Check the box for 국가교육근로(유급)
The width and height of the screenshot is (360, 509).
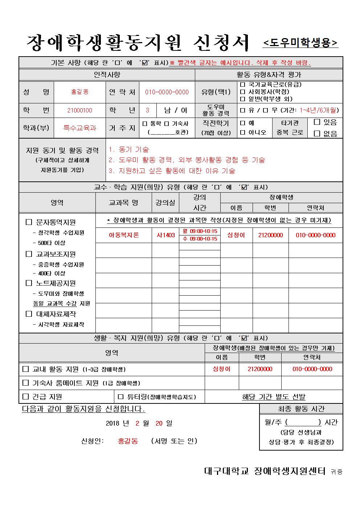tap(243, 85)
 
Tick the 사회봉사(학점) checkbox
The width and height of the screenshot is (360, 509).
tap(243, 91)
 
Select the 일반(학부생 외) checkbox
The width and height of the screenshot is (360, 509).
tap(243, 99)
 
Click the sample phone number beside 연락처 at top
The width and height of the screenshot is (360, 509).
tap(167, 92)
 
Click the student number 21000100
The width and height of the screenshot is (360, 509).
tap(80, 110)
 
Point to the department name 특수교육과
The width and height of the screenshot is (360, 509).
tap(80, 128)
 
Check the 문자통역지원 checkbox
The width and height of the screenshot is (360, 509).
tap(29, 222)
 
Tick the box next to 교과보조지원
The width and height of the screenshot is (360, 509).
tap(29, 254)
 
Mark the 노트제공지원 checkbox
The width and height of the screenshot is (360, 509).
tap(29, 283)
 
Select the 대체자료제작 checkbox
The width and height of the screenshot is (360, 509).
tap(29, 314)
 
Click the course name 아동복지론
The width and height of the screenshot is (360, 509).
tap(124, 235)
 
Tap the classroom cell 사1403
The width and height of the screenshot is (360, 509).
tap(165, 235)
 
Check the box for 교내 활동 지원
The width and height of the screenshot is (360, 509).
tap(26, 369)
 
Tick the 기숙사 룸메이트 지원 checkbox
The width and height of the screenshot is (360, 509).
tap(26, 383)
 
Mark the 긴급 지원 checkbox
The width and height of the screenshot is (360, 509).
tap(26, 397)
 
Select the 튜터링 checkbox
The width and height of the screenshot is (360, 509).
tap(121, 397)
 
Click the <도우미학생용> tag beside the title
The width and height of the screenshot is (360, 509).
tap(300, 43)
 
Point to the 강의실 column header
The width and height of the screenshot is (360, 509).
tap(165, 202)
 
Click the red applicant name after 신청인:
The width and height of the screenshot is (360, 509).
tap(128, 441)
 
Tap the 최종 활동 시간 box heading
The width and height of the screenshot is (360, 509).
tap(301, 409)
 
